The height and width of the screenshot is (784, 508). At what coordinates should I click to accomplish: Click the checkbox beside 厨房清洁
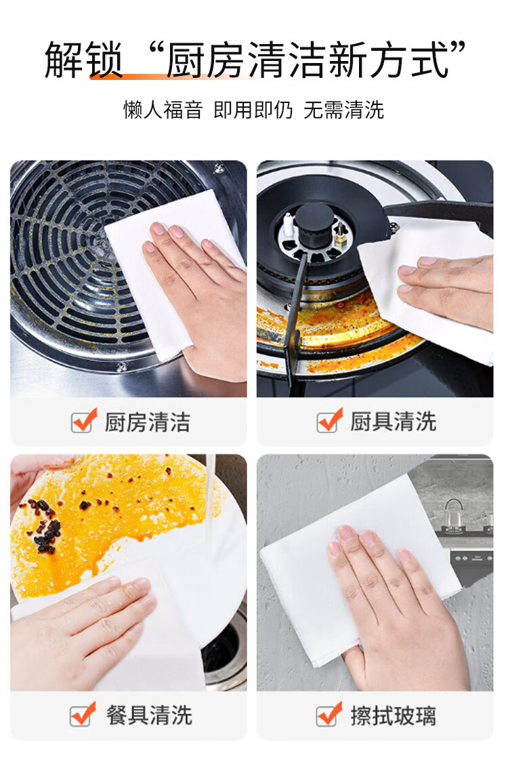pos(83,421)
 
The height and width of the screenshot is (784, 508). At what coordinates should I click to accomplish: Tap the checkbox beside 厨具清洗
pos(329,421)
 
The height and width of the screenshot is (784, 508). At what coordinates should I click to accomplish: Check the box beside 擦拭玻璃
pos(329,714)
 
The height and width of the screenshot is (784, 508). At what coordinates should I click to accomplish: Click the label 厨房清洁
pos(148,422)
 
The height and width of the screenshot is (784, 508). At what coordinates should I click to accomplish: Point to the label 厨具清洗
pos(393,421)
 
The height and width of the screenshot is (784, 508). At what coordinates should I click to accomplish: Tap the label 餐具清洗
pos(148,715)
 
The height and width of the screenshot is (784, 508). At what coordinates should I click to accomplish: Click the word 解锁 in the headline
pos(83,60)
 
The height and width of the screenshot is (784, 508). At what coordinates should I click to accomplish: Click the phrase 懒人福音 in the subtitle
pos(163,110)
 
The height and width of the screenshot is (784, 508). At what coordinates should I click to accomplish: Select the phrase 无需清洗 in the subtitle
pos(343,110)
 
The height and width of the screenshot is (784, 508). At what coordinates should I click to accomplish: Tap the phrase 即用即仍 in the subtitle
pos(253,110)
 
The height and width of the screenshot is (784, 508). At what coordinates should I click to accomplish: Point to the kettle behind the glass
pos(454,515)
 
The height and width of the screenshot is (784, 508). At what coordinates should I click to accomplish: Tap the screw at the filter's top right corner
pos(219,169)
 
